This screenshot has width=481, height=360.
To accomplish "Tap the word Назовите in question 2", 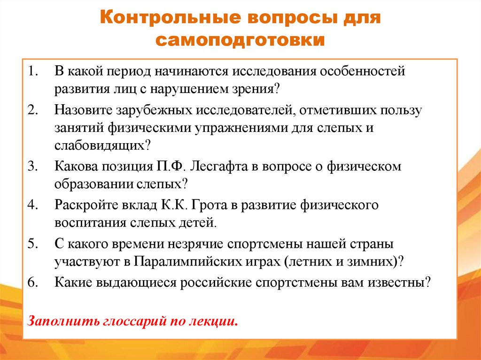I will pyautogui.click(x=83, y=111).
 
